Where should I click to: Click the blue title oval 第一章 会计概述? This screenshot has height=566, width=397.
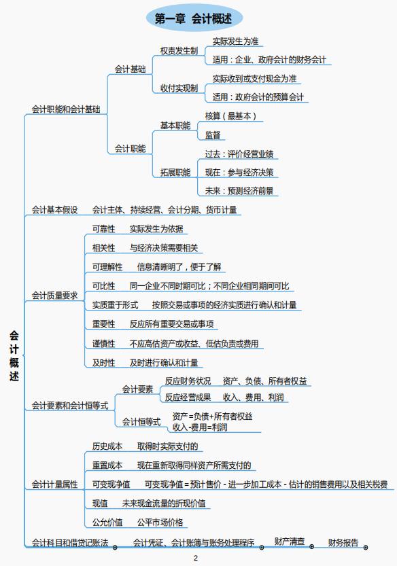tap(194, 18)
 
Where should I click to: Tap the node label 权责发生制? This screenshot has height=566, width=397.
tap(179, 51)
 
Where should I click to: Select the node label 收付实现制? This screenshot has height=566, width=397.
tap(179, 88)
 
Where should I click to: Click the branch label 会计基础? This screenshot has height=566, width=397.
tap(130, 69)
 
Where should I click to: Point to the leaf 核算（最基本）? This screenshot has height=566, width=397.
tap(230, 116)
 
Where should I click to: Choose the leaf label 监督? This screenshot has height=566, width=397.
tap(212, 135)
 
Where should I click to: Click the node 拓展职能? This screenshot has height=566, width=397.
tap(175, 172)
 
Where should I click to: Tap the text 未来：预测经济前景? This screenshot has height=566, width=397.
tap(239, 190)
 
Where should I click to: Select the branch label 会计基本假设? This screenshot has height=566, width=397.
tap(54, 210)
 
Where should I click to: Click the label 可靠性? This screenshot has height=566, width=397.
tap(104, 229)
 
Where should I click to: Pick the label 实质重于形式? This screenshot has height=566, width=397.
tap(115, 304)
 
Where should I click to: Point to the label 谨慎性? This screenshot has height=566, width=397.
tap(104, 343)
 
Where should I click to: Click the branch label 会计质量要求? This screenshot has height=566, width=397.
tap(54, 296)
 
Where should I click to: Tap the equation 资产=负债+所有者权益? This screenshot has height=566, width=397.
tap(212, 417)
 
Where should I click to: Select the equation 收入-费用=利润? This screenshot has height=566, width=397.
tap(200, 427)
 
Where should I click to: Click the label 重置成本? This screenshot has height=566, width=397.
tap(107, 465)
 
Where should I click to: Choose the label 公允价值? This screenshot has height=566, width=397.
tap(107, 522)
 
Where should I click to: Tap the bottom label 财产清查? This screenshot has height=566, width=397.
tap(290, 541)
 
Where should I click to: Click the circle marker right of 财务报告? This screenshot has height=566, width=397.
tap(366, 548)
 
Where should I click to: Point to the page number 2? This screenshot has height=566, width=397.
tap(196, 558)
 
